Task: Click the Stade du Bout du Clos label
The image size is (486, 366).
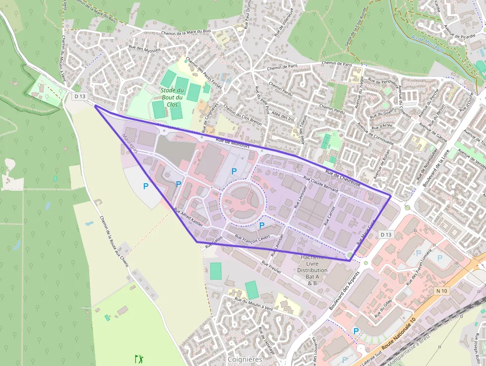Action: click(x=172, y=97)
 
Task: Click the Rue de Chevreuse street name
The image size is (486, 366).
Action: click(x=343, y=177)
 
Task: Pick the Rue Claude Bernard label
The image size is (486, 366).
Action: click(x=321, y=183)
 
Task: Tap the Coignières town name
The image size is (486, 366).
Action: click(x=244, y=359)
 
